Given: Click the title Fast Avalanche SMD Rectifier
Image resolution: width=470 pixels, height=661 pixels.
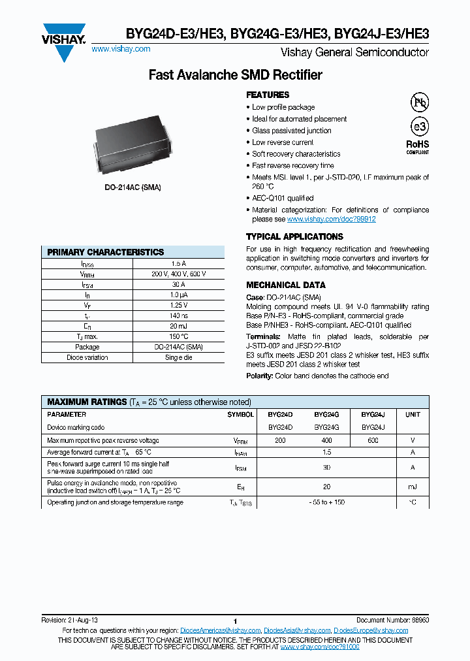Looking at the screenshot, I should coord(235,75).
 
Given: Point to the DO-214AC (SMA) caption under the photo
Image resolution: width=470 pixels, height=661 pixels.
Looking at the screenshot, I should coord(133,187).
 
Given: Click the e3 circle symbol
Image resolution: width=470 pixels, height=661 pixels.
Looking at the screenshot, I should coord(418,127).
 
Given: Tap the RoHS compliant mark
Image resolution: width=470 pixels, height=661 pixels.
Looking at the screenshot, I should coord(418,146).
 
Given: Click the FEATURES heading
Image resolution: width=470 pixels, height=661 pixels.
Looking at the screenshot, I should coord(268,95).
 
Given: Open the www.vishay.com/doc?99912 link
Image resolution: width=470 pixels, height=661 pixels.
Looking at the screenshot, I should coord(332,219).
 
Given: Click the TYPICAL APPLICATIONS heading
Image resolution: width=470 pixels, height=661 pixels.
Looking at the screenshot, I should coord(294,236).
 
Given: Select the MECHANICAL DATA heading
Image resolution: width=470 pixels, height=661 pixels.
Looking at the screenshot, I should coord(285,285).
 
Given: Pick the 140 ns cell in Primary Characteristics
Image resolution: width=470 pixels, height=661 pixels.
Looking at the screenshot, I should coord(178,315).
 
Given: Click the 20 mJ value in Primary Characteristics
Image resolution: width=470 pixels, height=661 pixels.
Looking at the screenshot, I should coord(178,326).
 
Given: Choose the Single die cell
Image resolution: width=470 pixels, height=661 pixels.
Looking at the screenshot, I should coord(178,357).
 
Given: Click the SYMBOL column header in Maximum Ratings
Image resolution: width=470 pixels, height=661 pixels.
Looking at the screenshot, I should coord(241,415).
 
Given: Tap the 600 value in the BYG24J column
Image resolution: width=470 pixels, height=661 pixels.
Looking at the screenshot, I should coord(373,441).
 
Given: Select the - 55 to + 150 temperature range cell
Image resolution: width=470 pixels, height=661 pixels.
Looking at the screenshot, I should coord(326,502).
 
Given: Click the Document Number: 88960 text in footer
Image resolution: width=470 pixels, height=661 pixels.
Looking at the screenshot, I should coord(392,620).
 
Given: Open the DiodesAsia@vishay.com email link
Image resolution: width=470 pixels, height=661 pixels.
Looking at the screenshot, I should coord(297,630).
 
